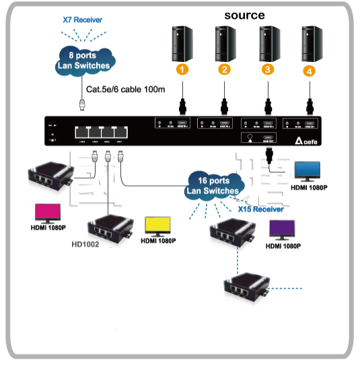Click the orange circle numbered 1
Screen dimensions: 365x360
coord(182,69)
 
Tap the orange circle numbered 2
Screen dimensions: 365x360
coord(225,69)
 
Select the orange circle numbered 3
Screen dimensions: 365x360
coord(268,69)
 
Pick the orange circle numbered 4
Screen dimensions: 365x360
coord(309,70)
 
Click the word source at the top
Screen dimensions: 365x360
coord(244,15)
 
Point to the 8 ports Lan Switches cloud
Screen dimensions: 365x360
coord(82,61)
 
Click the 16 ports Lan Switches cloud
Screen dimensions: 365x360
coord(213,186)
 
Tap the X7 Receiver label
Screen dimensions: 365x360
coord(82,20)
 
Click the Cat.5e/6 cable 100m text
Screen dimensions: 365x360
coord(126,88)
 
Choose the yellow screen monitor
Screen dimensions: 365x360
coord(159,226)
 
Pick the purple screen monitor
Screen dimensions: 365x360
coord(283,230)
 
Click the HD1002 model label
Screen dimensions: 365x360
coord(85,244)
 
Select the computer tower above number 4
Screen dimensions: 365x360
coord(309,42)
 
